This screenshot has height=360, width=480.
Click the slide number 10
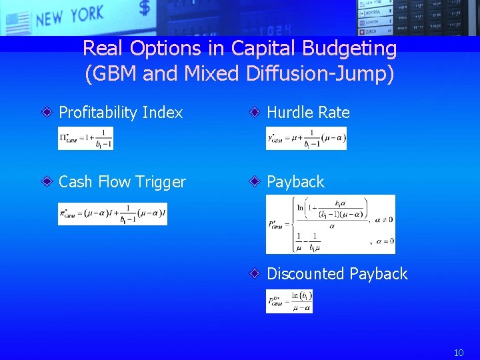(459, 353)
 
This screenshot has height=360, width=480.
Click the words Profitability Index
(121, 113)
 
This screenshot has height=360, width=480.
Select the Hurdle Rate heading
(308, 113)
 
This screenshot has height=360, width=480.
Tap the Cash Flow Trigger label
(122, 182)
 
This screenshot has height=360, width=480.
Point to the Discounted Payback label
(337, 274)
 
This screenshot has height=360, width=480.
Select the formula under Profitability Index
(85, 138)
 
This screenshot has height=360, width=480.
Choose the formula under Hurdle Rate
(306, 138)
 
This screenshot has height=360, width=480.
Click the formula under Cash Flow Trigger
(112, 214)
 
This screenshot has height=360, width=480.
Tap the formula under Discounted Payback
(289, 301)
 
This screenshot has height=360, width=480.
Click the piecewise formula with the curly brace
(330, 224)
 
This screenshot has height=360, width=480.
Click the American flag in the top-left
(16, 23)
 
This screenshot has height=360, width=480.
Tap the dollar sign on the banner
(145, 9)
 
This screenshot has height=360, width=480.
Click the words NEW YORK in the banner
(70, 15)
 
